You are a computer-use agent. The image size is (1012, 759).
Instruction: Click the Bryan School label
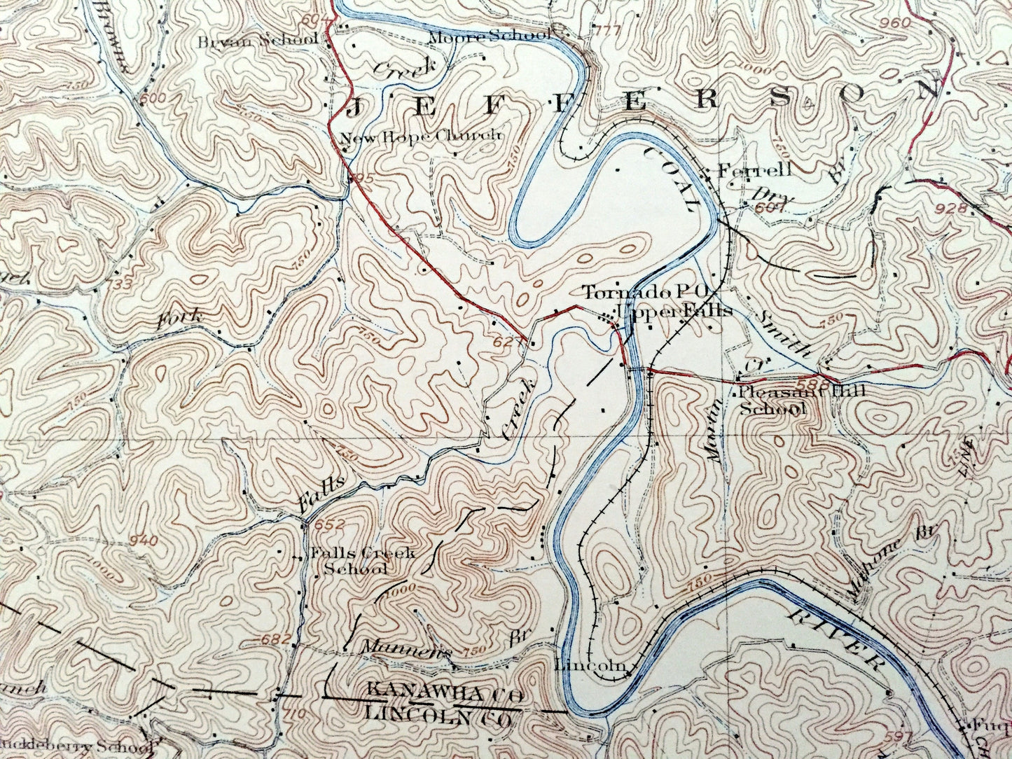pyautogui.click(x=257, y=40)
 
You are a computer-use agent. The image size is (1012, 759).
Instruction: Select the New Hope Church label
pyautogui.click(x=420, y=136)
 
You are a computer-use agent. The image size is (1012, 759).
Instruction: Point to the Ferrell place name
pyautogui.click(x=754, y=169)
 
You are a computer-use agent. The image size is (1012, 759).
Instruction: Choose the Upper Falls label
pyautogui.click(x=674, y=310)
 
